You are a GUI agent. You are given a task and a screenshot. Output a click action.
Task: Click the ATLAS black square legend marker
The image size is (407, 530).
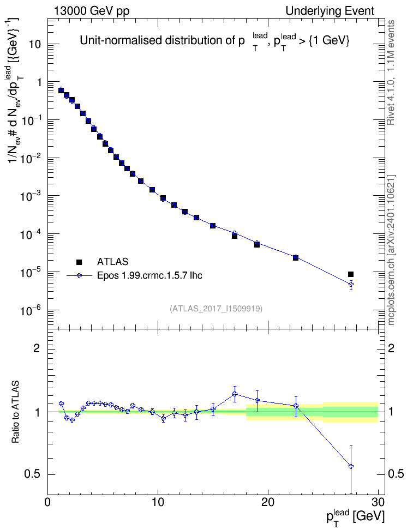click(79, 262)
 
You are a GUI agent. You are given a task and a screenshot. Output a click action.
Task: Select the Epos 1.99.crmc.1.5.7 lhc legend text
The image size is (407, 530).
click(149, 275)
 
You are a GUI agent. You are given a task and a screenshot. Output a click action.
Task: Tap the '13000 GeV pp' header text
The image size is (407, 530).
click(91, 11)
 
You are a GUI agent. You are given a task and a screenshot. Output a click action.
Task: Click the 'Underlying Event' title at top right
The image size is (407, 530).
click(330, 11)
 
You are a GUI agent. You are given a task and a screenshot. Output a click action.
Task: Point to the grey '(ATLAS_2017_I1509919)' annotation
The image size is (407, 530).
click(216, 308)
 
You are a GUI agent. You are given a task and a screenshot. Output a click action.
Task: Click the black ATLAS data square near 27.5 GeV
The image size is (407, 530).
click(351, 274)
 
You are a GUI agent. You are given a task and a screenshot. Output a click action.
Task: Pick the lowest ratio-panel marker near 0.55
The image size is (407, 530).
click(351, 466)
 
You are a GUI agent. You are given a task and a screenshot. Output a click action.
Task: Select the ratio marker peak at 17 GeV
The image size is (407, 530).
click(235, 394)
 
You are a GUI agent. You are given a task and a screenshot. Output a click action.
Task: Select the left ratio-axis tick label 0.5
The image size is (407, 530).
click(32, 474)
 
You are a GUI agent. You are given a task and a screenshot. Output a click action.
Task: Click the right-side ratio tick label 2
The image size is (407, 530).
click(391, 348)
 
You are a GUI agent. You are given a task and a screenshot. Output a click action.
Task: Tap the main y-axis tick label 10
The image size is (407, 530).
click(34, 44)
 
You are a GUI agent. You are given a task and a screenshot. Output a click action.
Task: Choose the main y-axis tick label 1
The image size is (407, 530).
click(38, 82)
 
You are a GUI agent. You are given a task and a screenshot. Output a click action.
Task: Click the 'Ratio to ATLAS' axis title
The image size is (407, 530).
click(15, 412)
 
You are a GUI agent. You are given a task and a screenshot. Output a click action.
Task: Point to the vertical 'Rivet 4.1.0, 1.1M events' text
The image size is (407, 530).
click(391, 73)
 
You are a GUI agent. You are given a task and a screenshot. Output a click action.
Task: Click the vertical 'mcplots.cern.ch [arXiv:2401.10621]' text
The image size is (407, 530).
click(391, 250)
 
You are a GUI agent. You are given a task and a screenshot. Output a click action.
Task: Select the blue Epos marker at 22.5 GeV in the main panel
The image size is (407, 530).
click(296, 257)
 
